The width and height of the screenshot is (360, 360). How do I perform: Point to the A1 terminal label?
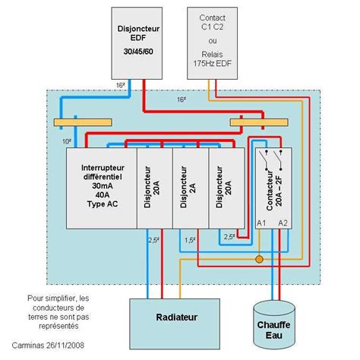point(261,223)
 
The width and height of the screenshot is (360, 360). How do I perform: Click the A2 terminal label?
point(283,223)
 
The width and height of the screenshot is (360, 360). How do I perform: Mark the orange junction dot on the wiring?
point(258,260)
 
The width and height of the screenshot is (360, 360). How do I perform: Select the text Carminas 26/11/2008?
point(47,344)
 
